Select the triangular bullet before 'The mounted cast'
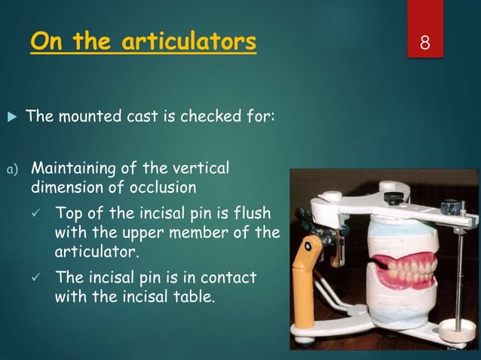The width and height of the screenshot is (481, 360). click(x=10, y=117)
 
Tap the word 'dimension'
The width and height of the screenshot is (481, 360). click(x=67, y=185)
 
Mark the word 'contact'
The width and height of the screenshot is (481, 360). click(x=231, y=278)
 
